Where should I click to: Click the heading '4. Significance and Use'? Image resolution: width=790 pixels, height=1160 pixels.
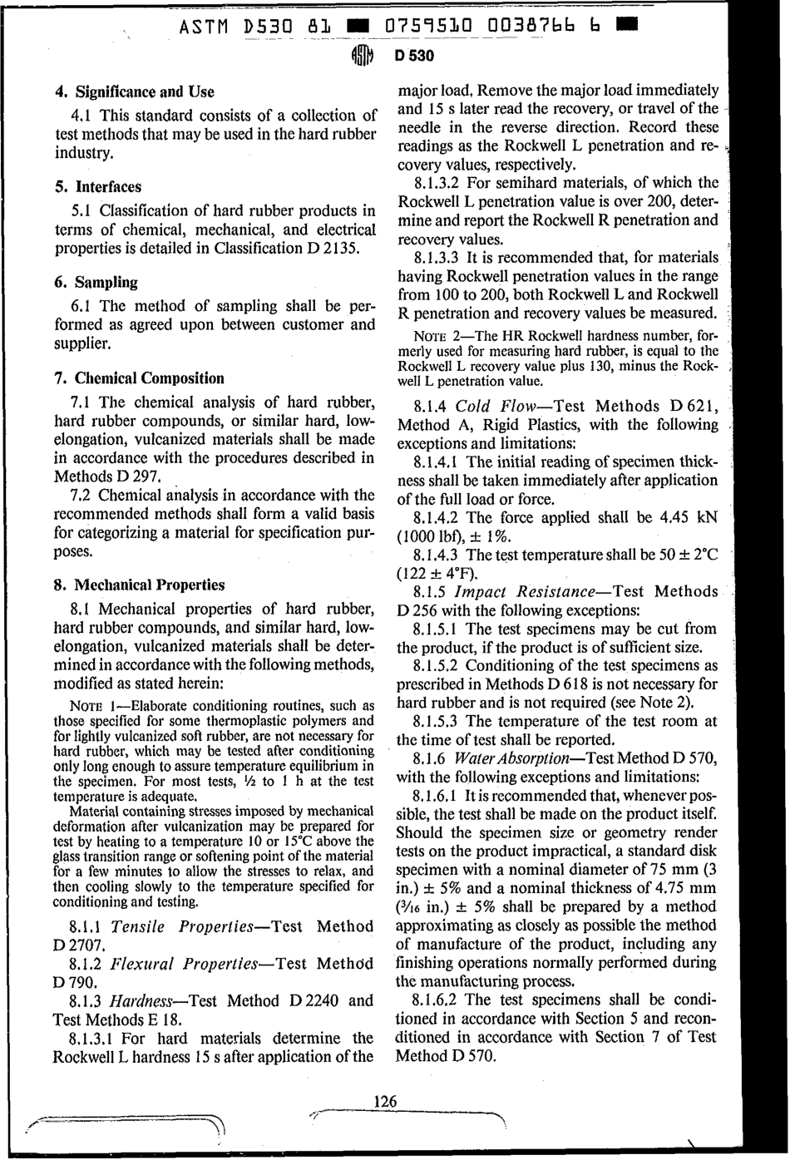click(x=133, y=91)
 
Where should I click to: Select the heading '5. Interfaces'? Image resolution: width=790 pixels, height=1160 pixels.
click(x=96, y=186)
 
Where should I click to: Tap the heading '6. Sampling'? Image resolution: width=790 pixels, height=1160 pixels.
click(x=95, y=282)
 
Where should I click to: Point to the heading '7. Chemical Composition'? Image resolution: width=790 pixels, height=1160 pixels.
click(x=139, y=378)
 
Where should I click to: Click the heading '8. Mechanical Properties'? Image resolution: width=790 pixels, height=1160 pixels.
click(x=140, y=585)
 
